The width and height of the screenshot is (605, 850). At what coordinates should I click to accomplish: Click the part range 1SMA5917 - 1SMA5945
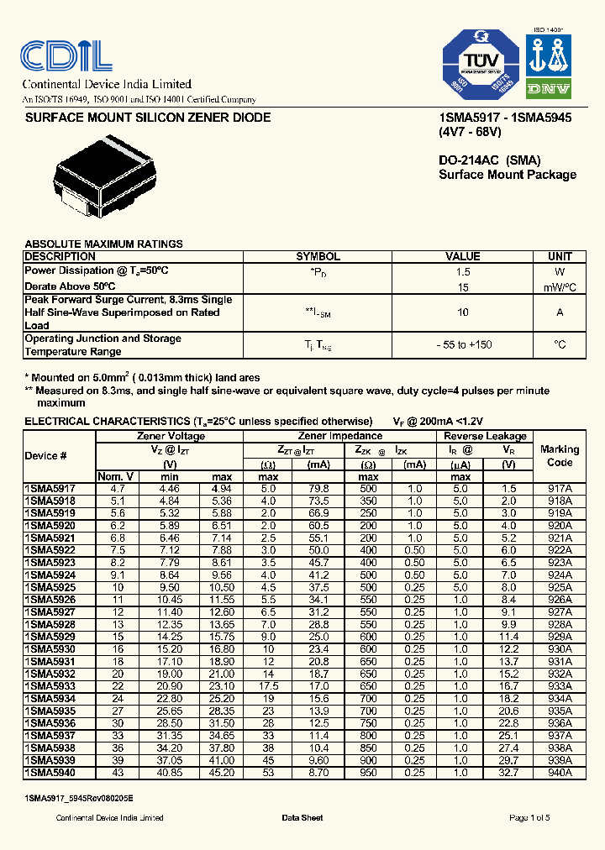pos(505,118)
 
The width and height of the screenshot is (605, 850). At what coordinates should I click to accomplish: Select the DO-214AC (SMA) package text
pos(489,160)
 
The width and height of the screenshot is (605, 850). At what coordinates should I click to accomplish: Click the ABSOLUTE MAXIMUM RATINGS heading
pos(103,244)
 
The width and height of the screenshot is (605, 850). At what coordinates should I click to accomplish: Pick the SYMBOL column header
pos(318,257)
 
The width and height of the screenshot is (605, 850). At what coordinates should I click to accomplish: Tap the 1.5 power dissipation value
pos(463,272)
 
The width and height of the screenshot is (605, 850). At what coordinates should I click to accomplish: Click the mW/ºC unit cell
pos(560,287)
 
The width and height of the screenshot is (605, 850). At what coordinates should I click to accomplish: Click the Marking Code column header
pos(560,456)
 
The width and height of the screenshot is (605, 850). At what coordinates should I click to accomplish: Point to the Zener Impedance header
pos(339,437)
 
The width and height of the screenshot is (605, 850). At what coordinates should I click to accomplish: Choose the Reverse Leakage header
pos(485,437)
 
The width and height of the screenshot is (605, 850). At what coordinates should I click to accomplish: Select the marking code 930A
pos(559,648)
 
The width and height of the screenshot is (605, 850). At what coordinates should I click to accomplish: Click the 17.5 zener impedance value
pos(268,685)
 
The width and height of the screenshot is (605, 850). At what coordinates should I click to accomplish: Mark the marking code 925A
pos(559,587)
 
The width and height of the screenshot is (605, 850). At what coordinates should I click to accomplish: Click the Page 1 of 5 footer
pos(529,817)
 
